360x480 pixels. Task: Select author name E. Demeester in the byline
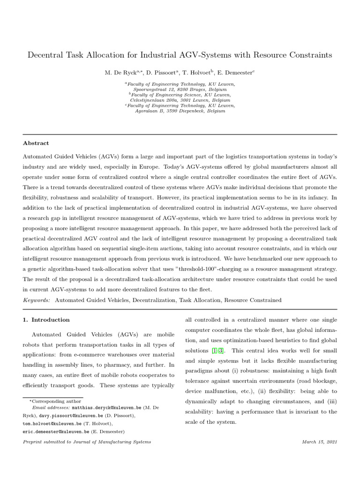[x=234, y=73]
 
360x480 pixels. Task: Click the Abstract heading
[x=36, y=143]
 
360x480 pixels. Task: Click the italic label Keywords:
[x=37, y=300]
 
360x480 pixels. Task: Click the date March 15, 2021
[x=320, y=442]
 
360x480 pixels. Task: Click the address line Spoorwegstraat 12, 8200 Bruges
[x=180, y=89]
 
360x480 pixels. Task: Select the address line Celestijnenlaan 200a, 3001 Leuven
[x=180, y=100]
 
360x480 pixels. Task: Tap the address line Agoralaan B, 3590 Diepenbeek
[x=180, y=111]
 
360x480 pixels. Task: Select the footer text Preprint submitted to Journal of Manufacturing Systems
[x=87, y=442]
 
